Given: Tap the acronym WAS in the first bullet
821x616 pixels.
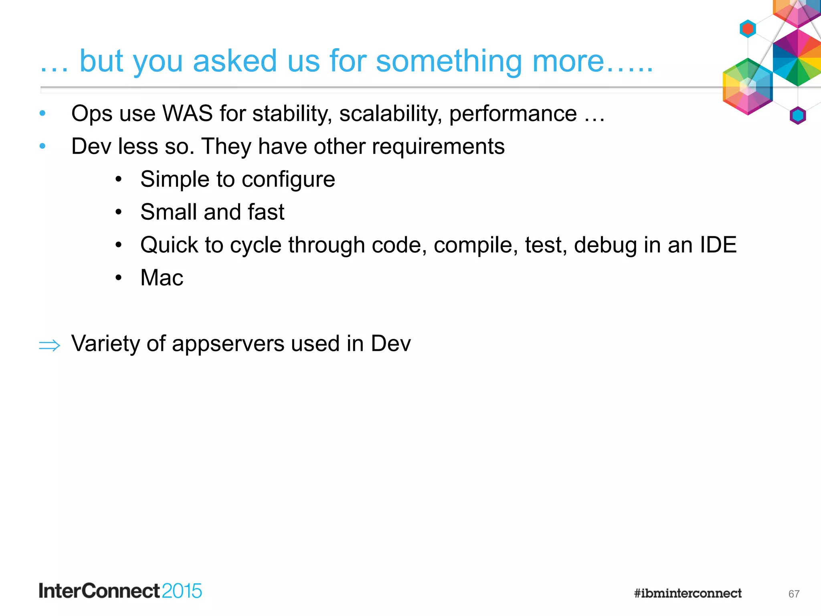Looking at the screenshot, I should [x=187, y=113].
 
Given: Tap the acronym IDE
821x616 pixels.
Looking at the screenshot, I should [x=718, y=245].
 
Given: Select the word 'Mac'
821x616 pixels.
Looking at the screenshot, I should [x=162, y=278].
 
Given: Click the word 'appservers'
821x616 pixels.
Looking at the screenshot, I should [x=228, y=344].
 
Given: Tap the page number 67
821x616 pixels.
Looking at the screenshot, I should [x=794, y=594].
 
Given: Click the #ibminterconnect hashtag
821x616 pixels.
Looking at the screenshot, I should [x=688, y=593].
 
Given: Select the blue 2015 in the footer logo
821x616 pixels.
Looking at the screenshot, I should [x=182, y=591].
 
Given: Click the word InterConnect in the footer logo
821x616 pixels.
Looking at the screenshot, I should [x=99, y=591].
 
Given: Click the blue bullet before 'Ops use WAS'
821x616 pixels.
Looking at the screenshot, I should [x=42, y=114].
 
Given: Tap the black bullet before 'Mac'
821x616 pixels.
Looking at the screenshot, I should [x=118, y=278].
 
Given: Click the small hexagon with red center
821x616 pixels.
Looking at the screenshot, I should [x=748, y=29].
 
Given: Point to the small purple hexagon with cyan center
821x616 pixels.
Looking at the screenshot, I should [x=798, y=116].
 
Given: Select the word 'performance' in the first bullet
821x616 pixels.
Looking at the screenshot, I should [x=513, y=113].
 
